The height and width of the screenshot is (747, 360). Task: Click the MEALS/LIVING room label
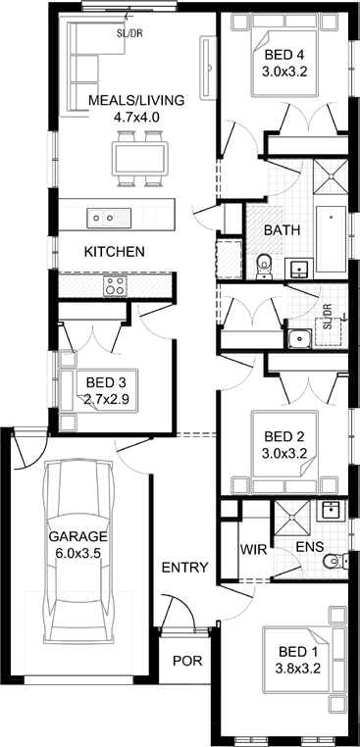[x=136, y=108]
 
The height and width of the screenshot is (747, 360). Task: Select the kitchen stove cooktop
[x=116, y=286]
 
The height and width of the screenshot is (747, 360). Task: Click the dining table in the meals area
[x=140, y=159]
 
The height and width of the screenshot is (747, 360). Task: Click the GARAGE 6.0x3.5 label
[x=78, y=544]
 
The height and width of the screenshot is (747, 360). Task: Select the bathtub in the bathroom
[x=331, y=238]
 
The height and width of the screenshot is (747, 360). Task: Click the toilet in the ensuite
[x=334, y=562]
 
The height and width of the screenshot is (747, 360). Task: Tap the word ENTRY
[x=185, y=568]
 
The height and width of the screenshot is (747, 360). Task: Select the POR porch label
[x=187, y=661]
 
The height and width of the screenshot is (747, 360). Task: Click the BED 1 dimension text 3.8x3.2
[x=297, y=669]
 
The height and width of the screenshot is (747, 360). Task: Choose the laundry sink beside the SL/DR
[x=299, y=339]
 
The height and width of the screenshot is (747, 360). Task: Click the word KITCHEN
[x=115, y=252]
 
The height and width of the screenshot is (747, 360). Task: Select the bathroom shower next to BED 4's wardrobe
[x=331, y=176]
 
